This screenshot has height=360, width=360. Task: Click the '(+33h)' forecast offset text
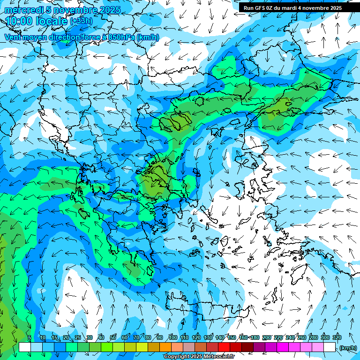(x=81, y=21)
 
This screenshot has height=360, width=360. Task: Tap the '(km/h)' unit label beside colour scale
(x=347, y=347)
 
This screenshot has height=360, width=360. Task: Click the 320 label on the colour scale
(x=337, y=337)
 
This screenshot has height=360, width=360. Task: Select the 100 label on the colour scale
(x=172, y=337)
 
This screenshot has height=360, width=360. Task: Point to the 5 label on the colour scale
(x=29, y=337)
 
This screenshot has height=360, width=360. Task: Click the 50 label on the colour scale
(x=113, y=337)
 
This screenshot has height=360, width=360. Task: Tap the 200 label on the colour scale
(x=266, y=337)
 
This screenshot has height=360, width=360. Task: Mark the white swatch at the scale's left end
(x=25, y=347)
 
